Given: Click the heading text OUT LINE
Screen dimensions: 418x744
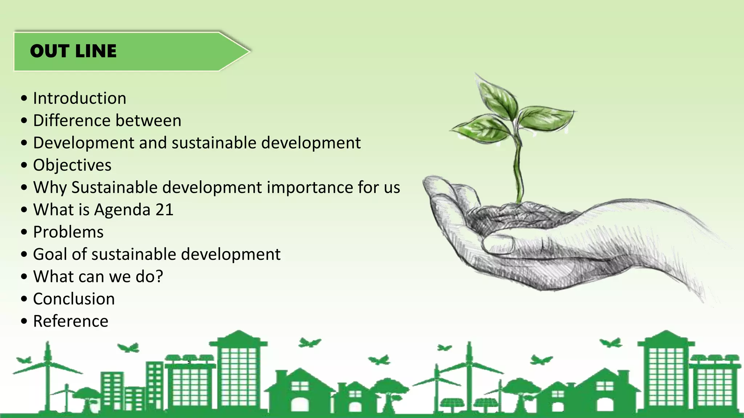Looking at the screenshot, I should point(73,51).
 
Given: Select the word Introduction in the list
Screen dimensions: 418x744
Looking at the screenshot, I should point(80,98).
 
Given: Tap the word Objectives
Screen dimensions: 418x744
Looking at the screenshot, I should point(72,165).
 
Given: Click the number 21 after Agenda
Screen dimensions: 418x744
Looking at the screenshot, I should point(165,210).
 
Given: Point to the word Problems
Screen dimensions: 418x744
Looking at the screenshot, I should point(68,232).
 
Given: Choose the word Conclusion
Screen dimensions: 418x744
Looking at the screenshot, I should point(74,299).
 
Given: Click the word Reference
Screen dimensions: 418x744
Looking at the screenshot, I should point(70,321).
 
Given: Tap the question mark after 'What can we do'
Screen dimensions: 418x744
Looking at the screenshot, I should point(159,276).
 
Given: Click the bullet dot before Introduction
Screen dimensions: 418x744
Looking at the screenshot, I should point(24,98).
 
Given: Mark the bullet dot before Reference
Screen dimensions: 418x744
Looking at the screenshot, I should point(24,321).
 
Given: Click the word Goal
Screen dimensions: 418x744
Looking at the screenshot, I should point(50,254).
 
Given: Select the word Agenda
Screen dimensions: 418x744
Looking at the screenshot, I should point(122,210).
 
